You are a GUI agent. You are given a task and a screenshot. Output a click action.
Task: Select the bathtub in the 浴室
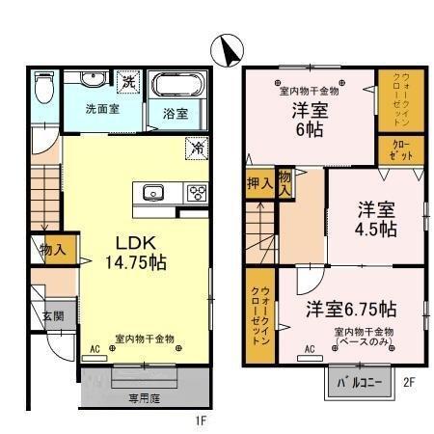[x=175, y=88]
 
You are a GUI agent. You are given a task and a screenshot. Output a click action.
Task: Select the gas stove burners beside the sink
[x=196, y=192]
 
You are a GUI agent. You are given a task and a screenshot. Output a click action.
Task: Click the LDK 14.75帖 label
[x=135, y=250]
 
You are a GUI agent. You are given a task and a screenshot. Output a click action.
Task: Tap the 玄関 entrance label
[x=53, y=316]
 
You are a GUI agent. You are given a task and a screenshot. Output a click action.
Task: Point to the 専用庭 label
[x=145, y=395]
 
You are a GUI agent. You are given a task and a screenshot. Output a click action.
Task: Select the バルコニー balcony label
[x=359, y=383]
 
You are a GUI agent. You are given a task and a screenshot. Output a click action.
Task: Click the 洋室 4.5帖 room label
[x=375, y=219]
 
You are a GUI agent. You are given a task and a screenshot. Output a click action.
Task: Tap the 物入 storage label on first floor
[x=53, y=250]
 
